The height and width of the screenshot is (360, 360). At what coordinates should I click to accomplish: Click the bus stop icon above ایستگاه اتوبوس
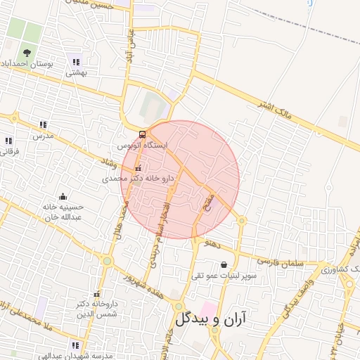tap(143, 134)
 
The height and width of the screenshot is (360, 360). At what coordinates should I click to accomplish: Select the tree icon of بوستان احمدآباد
tap(27, 53)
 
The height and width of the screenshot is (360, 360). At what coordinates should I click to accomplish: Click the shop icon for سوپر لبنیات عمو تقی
tap(224, 265)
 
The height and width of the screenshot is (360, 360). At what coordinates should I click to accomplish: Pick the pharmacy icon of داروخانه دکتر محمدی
tap(138, 168)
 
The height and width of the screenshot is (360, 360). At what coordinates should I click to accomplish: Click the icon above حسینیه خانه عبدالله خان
tap(63, 196)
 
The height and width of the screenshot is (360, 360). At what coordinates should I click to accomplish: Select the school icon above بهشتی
tap(75, 62)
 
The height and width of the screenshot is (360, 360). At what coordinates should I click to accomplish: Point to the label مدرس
tap(47, 134)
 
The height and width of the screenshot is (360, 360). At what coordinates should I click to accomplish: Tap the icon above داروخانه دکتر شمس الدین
tap(96, 295)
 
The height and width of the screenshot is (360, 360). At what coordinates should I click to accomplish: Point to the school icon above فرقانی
tap(8, 141)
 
